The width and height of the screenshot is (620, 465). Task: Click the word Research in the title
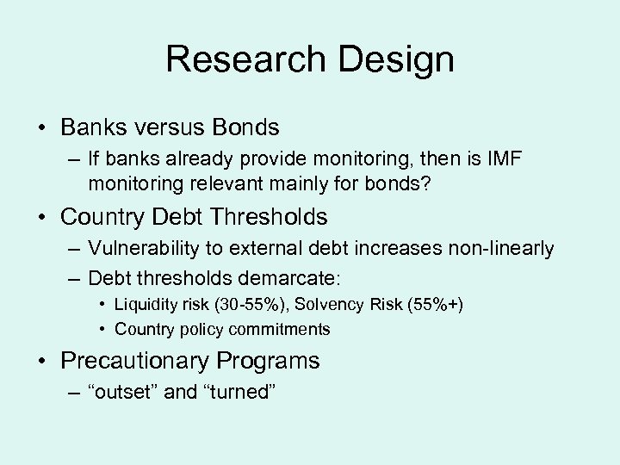(x=245, y=60)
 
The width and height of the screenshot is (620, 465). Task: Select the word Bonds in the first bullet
(x=244, y=127)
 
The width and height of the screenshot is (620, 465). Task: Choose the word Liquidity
(x=146, y=305)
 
